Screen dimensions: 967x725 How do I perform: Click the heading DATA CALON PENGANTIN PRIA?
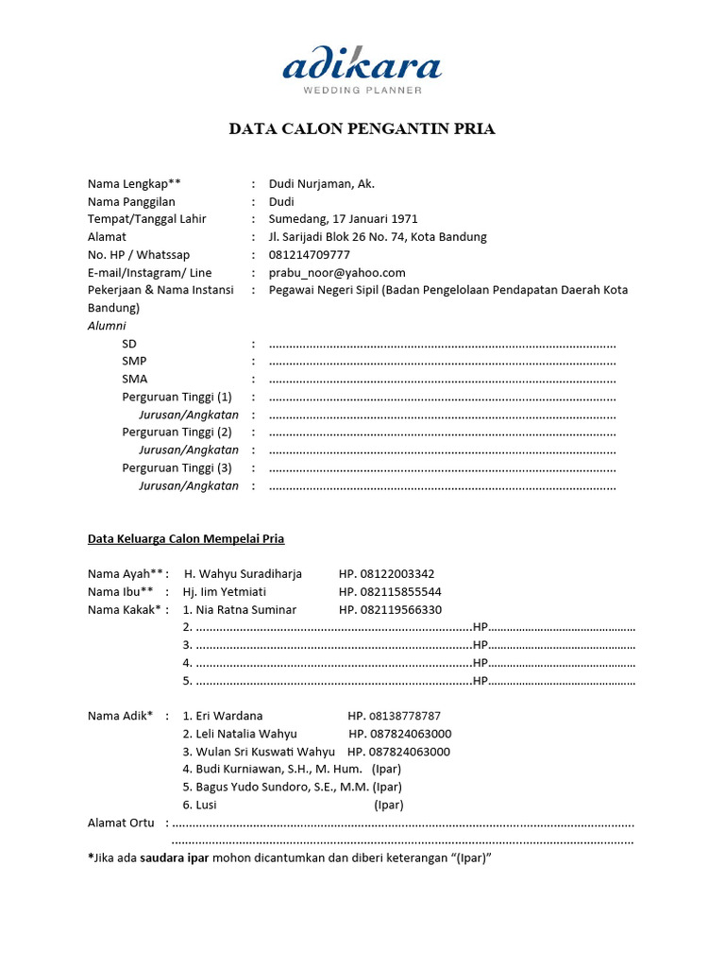pos(362,129)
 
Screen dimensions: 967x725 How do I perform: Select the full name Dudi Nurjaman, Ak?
pos(321,184)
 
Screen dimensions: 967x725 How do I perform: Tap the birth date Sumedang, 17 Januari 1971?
pos(344,219)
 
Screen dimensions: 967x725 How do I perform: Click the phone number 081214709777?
pos(309,255)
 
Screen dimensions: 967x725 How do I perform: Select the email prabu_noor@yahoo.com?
pos(337,273)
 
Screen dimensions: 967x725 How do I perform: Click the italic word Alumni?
pos(107,326)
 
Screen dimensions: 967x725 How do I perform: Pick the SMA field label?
pos(134,379)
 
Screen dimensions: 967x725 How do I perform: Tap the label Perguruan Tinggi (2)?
pos(177,432)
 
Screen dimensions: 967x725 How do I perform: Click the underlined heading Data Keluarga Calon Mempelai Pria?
pos(186,539)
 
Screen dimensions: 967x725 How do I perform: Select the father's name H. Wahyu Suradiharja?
pos(243,574)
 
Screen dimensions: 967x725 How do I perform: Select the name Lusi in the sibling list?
pos(206,805)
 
